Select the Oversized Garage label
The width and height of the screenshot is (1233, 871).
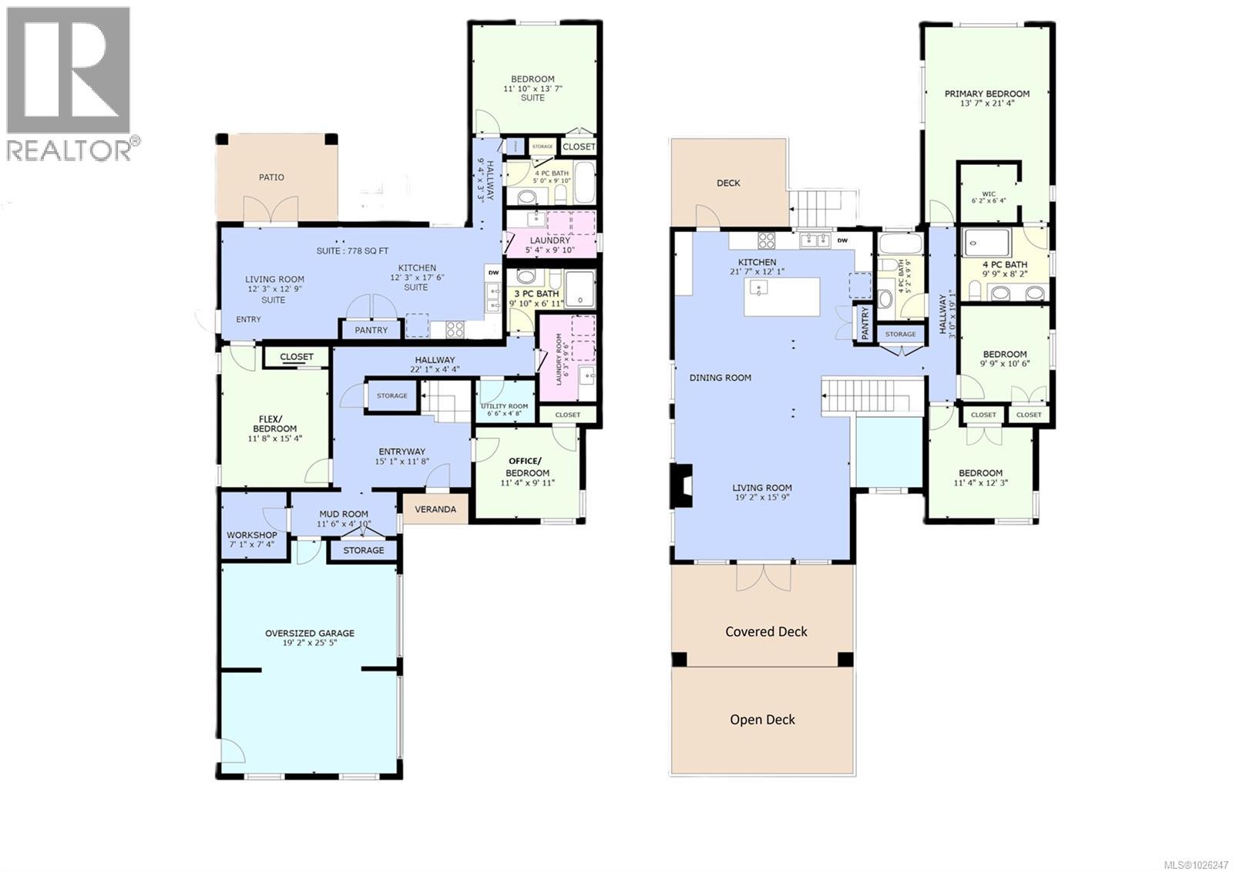tap(310, 633)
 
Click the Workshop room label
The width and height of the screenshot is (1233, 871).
tap(252, 535)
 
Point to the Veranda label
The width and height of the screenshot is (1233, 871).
tap(435, 509)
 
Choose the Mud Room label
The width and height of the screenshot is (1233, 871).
tap(344, 514)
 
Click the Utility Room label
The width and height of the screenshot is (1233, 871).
tap(504, 406)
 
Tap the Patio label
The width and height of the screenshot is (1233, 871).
tap(271, 177)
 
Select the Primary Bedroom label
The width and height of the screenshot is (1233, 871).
tap(986, 94)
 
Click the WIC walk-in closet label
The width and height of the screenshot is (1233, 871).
tap(989, 194)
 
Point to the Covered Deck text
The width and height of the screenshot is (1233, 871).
tap(766, 631)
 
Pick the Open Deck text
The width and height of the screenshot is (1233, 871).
tap(762, 719)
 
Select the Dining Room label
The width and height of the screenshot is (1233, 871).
tap(720, 378)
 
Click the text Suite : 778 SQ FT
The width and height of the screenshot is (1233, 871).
tap(352, 251)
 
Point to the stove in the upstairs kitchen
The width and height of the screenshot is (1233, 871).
tap(766, 240)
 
